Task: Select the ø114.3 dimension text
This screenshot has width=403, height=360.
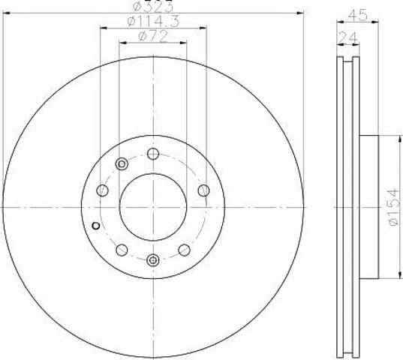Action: pyautogui.click(x=153, y=21)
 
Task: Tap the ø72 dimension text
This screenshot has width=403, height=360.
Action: pyautogui.click(x=153, y=36)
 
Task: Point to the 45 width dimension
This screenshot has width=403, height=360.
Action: pyautogui.click(x=357, y=16)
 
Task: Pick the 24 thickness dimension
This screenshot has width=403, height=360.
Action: pyautogui.click(x=347, y=37)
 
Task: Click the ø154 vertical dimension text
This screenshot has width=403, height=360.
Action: pyautogui.click(x=394, y=207)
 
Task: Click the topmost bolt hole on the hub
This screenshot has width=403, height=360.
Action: pyautogui.click(x=153, y=154)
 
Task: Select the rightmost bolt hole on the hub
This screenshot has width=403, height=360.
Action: pyautogui.click(x=203, y=190)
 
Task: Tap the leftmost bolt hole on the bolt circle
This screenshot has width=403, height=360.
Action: pyautogui.click(x=102, y=190)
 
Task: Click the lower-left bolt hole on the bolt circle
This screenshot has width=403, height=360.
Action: pyautogui.click(x=122, y=250)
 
